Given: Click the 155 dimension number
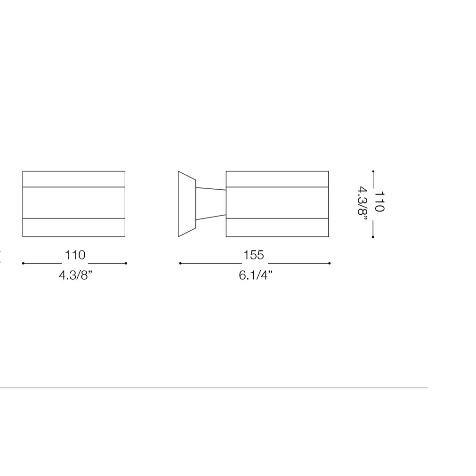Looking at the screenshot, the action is (x=254, y=255).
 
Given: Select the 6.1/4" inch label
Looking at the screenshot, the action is (x=256, y=275).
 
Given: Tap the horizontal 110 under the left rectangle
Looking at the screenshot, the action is (x=75, y=255).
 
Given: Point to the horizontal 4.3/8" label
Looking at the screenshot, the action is (x=76, y=275).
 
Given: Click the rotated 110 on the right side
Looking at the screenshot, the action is (x=379, y=202).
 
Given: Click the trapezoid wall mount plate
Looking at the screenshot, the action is (x=187, y=204).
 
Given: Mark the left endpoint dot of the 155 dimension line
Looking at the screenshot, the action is (x=180, y=263).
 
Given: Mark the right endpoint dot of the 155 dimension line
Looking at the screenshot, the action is (x=330, y=263).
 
